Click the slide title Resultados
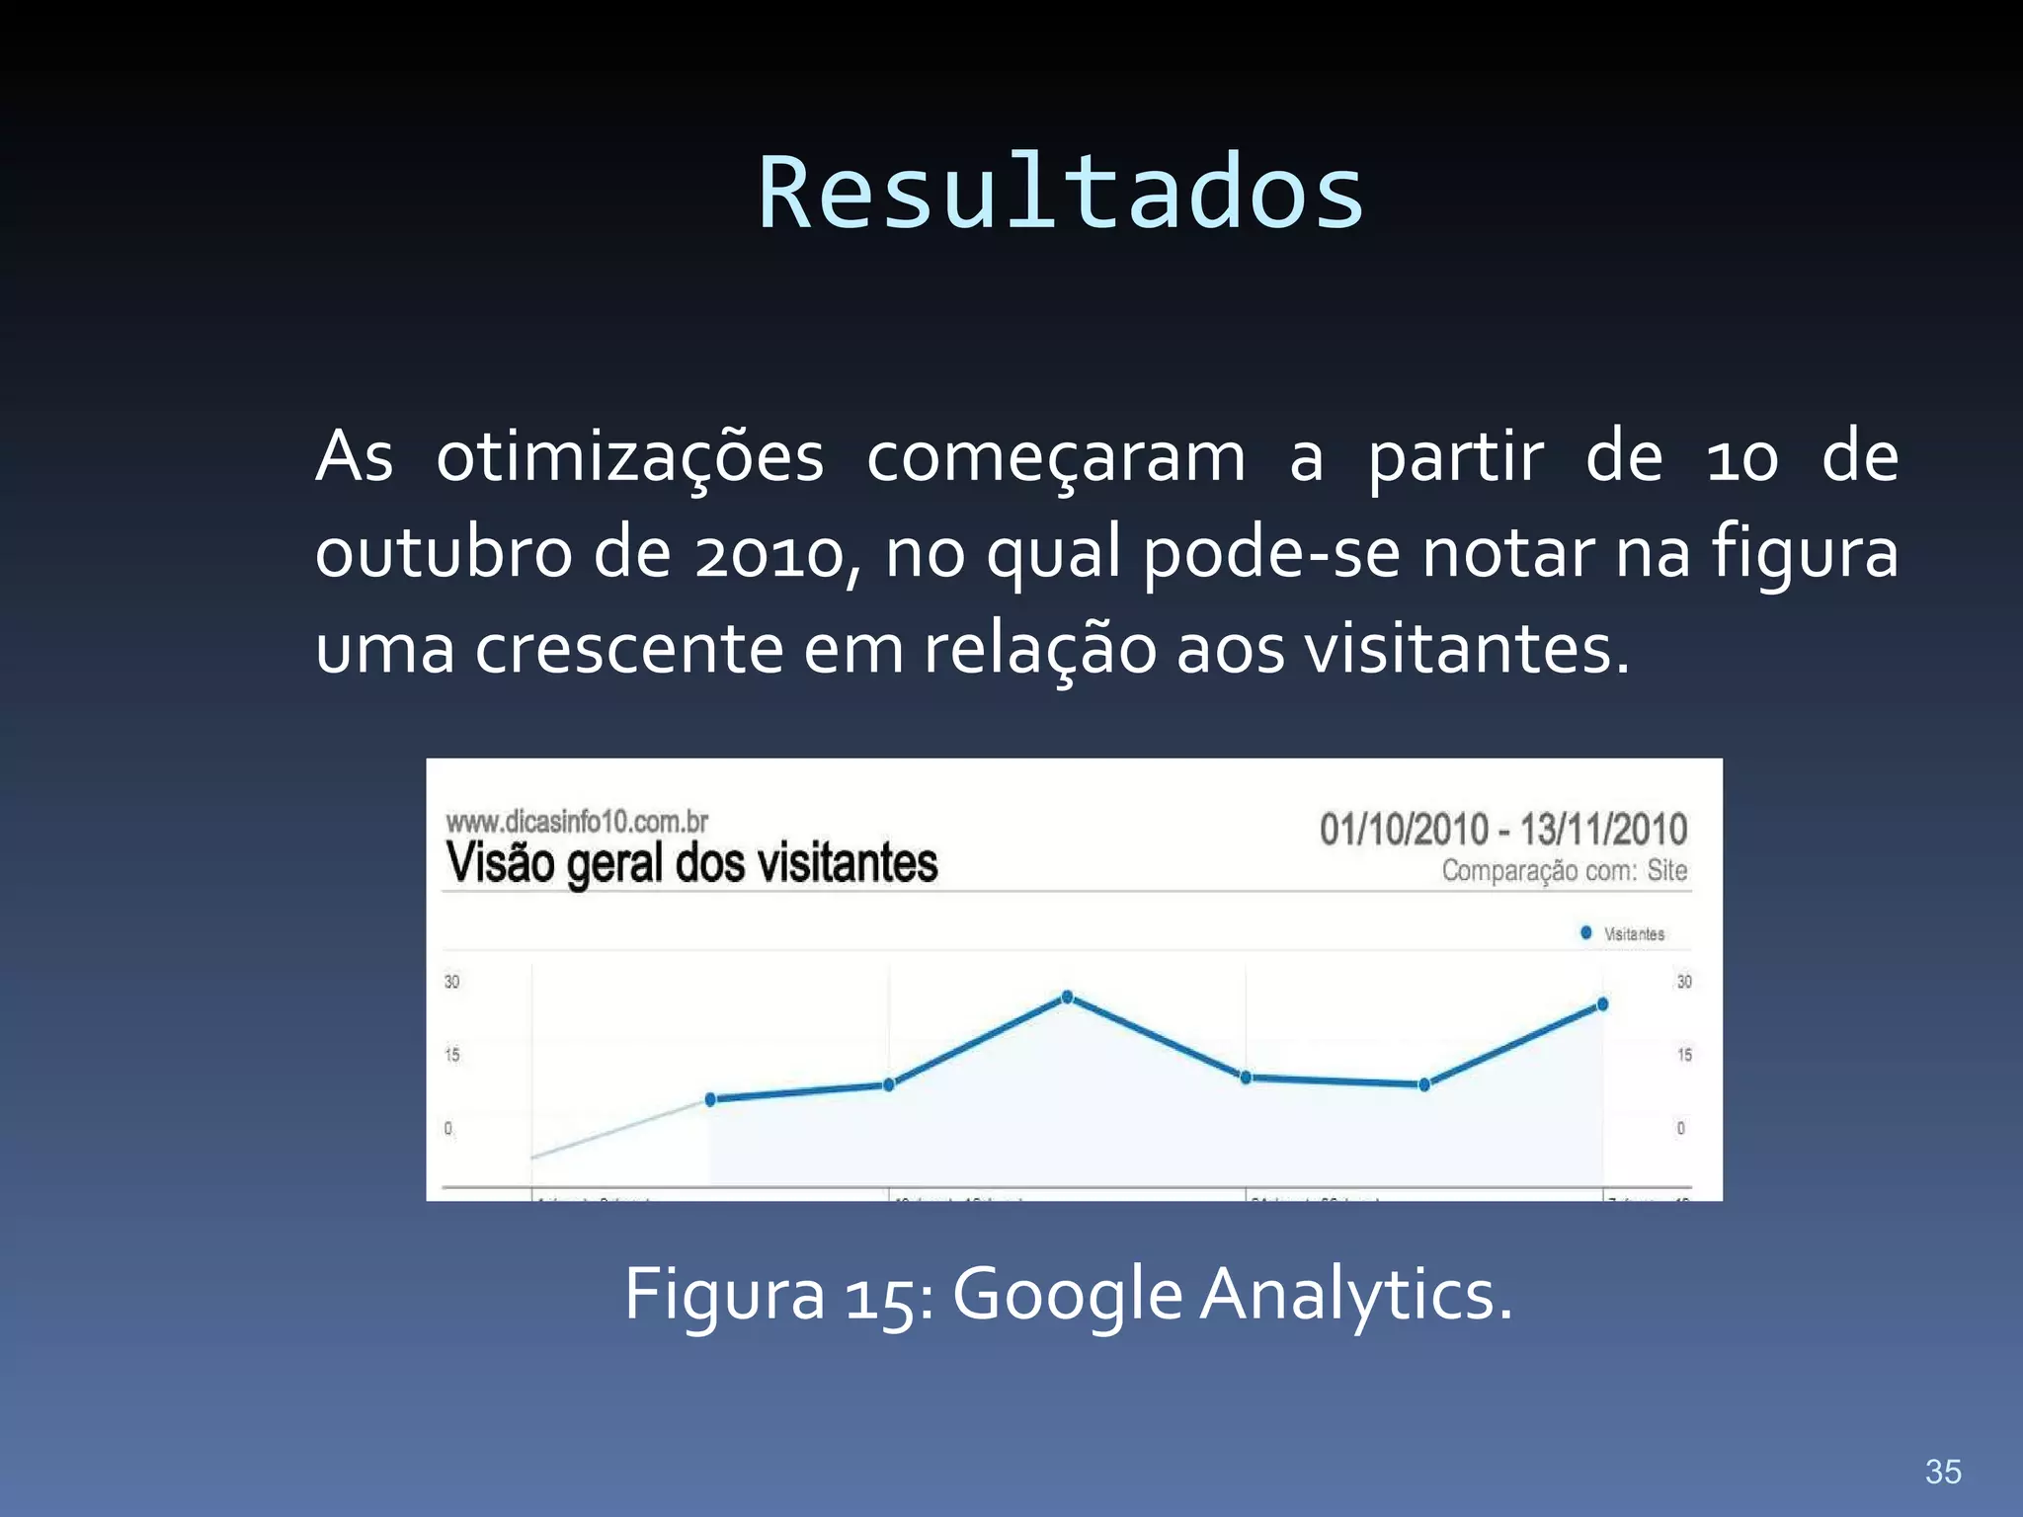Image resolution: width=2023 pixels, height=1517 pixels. pyautogui.click(x=1061, y=194)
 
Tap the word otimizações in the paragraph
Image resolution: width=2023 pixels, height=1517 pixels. pyautogui.click(x=630, y=458)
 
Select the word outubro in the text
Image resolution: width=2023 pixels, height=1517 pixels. pyautogui.click(x=443, y=553)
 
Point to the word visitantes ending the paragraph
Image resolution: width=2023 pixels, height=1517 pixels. pyautogui.click(x=1466, y=650)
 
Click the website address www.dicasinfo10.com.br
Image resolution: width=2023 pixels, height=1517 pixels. pyautogui.click(x=577, y=822)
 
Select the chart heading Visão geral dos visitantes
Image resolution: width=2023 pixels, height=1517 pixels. pyautogui.click(x=691, y=863)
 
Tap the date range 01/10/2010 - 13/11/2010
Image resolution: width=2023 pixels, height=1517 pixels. pyautogui.click(x=1502, y=830)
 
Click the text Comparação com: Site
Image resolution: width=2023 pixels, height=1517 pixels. pyautogui.click(x=1564, y=871)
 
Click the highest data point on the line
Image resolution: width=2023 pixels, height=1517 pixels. pyautogui.click(x=1067, y=998)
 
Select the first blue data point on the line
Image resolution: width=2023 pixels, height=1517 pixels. pyautogui.click(x=710, y=1099)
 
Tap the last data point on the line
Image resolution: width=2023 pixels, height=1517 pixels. pyautogui.click(x=1602, y=1004)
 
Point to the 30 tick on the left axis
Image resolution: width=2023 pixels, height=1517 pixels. pyautogui.click(x=451, y=982)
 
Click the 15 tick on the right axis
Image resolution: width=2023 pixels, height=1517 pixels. pyautogui.click(x=1684, y=1055)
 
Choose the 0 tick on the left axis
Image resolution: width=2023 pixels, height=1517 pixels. pyautogui.click(x=448, y=1128)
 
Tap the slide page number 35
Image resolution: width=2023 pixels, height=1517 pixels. pyautogui.click(x=1943, y=1472)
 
